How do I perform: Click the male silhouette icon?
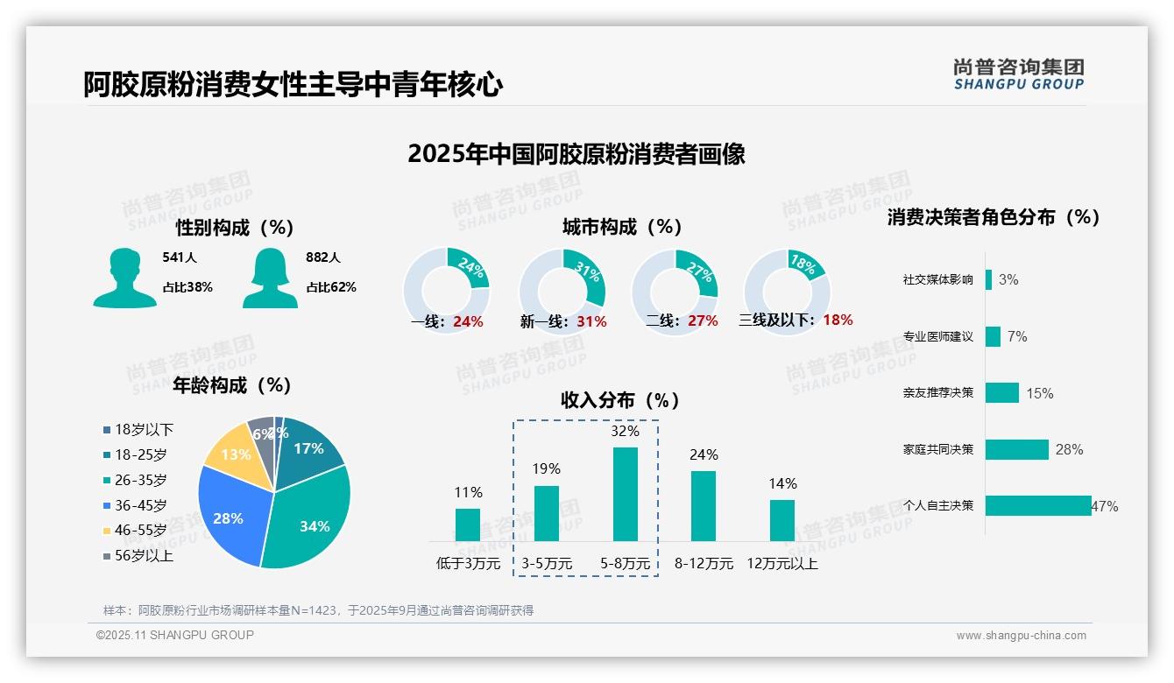(124, 278)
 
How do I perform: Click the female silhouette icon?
(270, 278)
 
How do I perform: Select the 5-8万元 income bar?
(625, 494)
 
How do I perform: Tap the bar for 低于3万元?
(468, 525)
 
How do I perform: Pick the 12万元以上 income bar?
(782, 520)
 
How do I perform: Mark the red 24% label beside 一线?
(468, 321)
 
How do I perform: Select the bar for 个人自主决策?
(1038, 505)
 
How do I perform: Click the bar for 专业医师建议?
(993, 336)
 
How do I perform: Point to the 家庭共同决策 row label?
(937, 449)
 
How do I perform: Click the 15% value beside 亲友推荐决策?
(1039, 393)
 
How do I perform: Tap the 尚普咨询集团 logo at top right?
(1018, 74)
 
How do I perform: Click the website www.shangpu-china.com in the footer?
(1021, 636)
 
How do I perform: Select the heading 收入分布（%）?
(620, 400)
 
